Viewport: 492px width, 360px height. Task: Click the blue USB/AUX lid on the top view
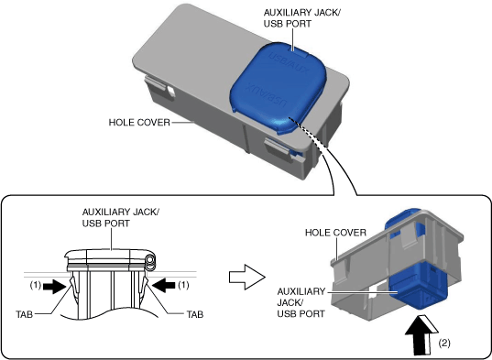pyautogui.click(x=278, y=87)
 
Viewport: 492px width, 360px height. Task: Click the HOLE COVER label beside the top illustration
pyautogui.click(x=139, y=123)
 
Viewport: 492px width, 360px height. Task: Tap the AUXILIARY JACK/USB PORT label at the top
pyautogui.click(x=301, y=18)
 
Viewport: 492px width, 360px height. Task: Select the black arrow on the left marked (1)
pyautogui.click(x=55, y=286)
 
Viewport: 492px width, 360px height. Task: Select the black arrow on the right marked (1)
pyautogui.click(x=163, y=286)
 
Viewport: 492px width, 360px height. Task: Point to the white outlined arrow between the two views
pyautogui.click(x=247, y=277)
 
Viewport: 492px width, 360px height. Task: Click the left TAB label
pyautogui.click(x=25, y=314)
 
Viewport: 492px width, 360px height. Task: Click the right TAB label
pyautogui.click(x=195, y=314)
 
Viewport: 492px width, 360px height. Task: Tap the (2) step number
pyautogui.click(x=444, y=344)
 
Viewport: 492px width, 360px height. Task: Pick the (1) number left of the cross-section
pyautogui.click(x=36, y=285)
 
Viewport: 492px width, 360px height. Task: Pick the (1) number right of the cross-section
pyautogui.click(x=183, y=285)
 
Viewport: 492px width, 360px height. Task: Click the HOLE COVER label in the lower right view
pyautogui.click(x=335, y=233)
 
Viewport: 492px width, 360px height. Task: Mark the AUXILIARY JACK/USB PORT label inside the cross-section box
pyautogui.click(x=121, y=218)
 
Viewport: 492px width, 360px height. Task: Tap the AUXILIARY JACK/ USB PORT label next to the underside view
pyautogui.click(x=301, y=302)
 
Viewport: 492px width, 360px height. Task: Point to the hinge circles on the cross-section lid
pyautogui.click(x=150, y=263)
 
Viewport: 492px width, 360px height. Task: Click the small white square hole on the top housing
pyautogui.click(x=171, y=92)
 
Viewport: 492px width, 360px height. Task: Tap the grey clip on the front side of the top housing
pyautogui.click(x=277, y=147)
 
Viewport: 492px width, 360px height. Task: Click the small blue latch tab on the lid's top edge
pyautogui.click(x=297, y=49)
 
